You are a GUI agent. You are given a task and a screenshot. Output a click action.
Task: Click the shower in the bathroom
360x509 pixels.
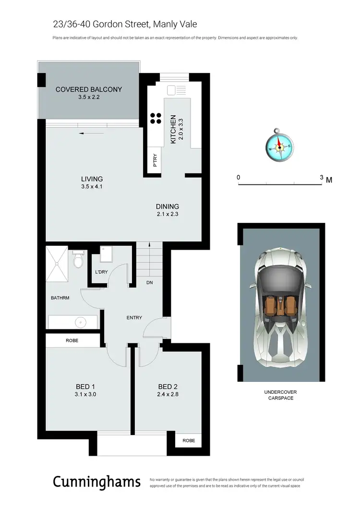pos(58,265)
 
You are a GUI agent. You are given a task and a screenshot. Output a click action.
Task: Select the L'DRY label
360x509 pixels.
pos(101,272)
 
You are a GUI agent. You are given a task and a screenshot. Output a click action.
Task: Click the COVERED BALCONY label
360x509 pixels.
pos(89,89)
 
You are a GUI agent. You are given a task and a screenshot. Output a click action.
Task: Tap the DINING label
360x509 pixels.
pos(167,206)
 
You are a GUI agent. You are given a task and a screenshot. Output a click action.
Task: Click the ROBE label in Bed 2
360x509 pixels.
pos(188,440)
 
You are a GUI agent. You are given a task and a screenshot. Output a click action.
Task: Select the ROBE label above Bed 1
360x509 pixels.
pos(73,340)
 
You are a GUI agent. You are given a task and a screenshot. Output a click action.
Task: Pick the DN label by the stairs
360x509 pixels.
pos(150,283)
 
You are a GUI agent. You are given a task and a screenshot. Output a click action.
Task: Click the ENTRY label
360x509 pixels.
pos(134,317)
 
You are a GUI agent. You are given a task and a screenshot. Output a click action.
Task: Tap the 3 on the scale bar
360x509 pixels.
pos(321,177)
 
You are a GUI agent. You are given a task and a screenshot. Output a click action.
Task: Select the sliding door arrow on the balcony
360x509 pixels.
pos(90,133)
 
